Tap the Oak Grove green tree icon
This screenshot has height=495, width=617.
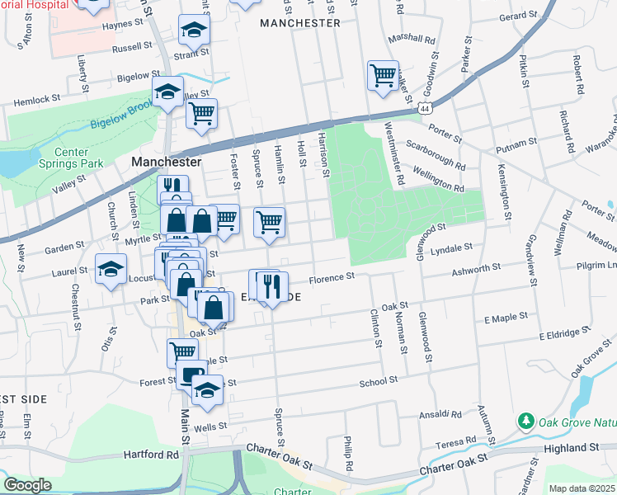(525, 422)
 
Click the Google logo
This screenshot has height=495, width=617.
(27, 485)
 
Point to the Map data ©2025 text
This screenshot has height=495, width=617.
(582, 488)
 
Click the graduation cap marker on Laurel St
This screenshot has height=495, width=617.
(111, 269)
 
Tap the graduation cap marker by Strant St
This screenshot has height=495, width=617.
(194, 31)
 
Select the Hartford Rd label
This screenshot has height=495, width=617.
(151, 454)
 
